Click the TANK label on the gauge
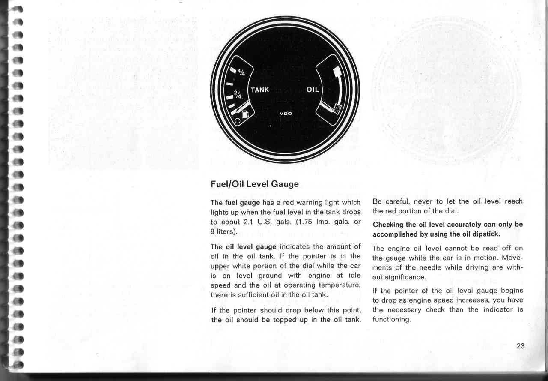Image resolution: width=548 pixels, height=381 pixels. click(x=260, y=90)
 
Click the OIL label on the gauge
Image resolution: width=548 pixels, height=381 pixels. click(x=313, y=90)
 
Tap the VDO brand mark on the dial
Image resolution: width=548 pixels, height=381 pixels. click(x=286, y=114)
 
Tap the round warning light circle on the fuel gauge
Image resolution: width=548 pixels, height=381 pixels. click(x=238, y=121)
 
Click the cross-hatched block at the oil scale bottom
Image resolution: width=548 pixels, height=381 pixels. click(x=337, y=108)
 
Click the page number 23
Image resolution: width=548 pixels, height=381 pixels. click(x=521, y=346)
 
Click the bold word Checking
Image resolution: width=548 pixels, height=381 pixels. click(x=388, y=225)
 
